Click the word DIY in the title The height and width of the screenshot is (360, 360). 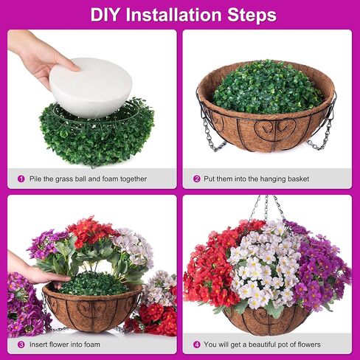tap(106, 15)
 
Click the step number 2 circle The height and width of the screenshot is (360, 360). tap(197, 179)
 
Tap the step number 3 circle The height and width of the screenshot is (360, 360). tap(20, 344)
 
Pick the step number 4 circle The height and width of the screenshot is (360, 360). tap(197, 344)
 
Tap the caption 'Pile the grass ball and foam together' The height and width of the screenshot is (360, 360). tap(88, 179)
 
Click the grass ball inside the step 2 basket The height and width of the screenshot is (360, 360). tap(266, 86)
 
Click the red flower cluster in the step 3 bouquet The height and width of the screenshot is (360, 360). tap(91, 230)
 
